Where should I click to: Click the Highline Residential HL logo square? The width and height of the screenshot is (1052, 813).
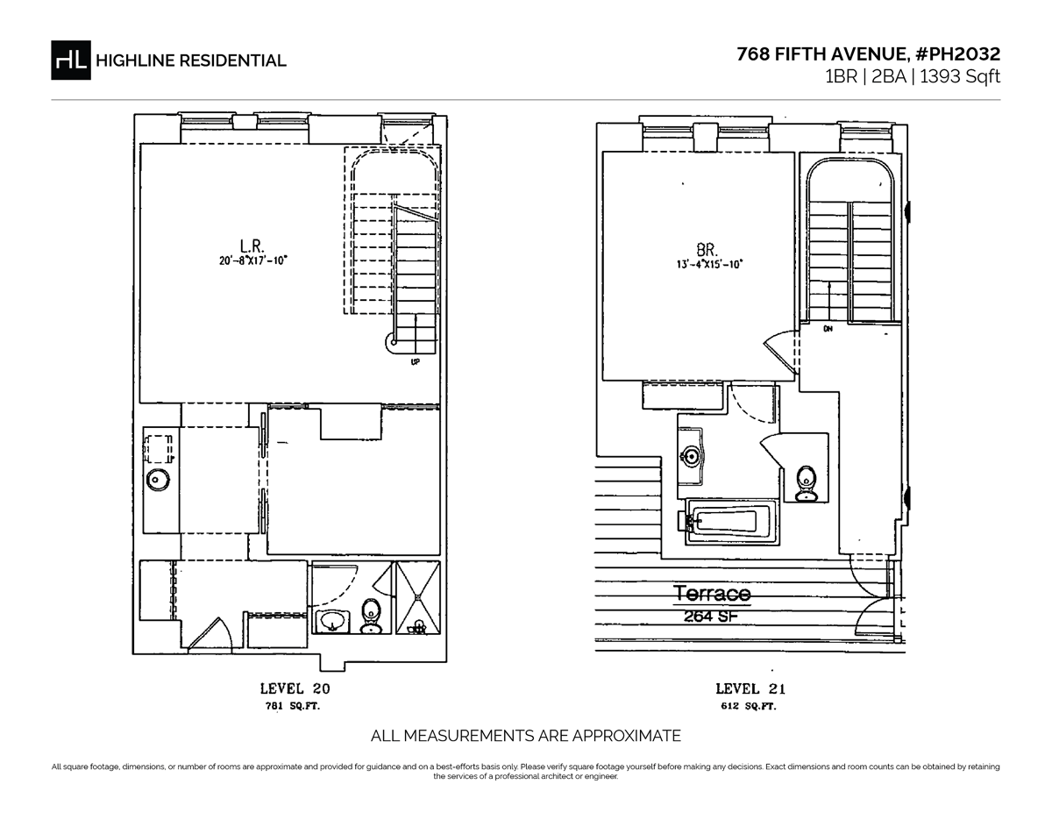pos(71,60)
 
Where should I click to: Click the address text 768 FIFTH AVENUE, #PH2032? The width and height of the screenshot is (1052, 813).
pos(868,53)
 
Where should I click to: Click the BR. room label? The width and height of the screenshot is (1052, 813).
pos(708,248)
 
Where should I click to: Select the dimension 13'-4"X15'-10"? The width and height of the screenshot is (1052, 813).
pos(708,262)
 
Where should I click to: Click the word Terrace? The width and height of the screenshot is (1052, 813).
pos(712,594)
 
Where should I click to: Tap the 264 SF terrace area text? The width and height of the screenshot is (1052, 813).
pos(712,616)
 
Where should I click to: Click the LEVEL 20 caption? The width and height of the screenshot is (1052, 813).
pos(295,688)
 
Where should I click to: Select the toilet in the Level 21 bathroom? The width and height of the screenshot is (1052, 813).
pos(807,484)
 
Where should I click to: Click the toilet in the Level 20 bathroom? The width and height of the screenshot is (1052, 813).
pos(371,615)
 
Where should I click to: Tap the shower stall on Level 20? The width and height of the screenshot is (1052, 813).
pos(418,597)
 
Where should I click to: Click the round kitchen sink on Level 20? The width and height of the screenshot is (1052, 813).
pos(159,480)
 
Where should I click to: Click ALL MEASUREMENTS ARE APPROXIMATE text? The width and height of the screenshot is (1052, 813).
pos(526,735)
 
